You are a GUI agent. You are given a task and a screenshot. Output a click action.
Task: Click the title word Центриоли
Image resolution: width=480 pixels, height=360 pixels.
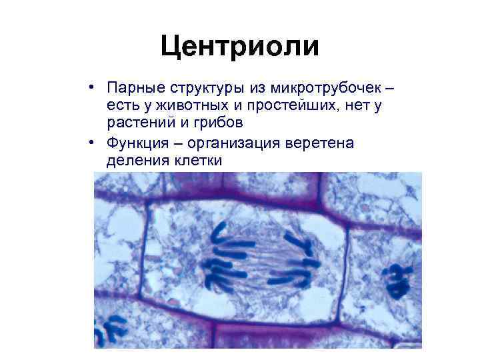[x=240, y=47]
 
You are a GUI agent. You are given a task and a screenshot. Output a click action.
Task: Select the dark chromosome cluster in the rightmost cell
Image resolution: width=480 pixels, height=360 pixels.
[x=397, y=280]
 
